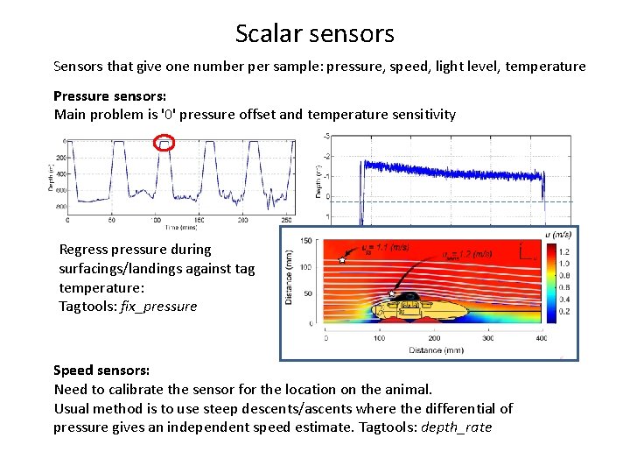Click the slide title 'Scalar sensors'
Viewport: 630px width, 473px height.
314,33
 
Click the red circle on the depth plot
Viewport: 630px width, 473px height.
164,143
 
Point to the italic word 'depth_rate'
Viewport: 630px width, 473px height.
456,427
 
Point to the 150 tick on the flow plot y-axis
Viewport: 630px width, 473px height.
306,241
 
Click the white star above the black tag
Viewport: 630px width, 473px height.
393,293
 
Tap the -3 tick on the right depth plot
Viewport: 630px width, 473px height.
351,136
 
